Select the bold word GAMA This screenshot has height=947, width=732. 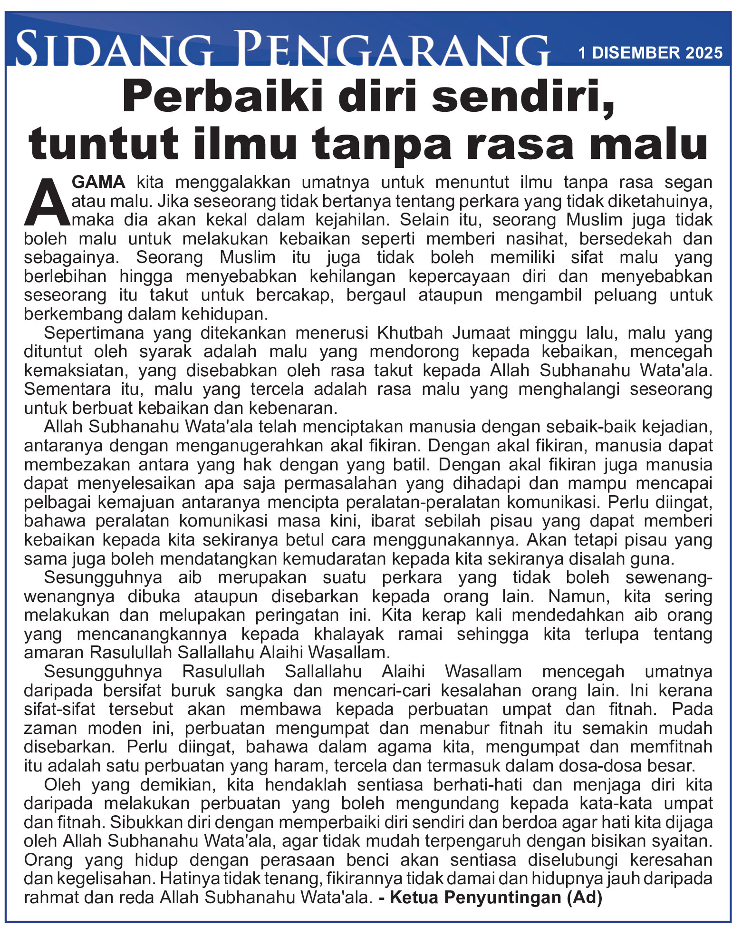point(98,182)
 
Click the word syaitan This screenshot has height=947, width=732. point(685,841)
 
